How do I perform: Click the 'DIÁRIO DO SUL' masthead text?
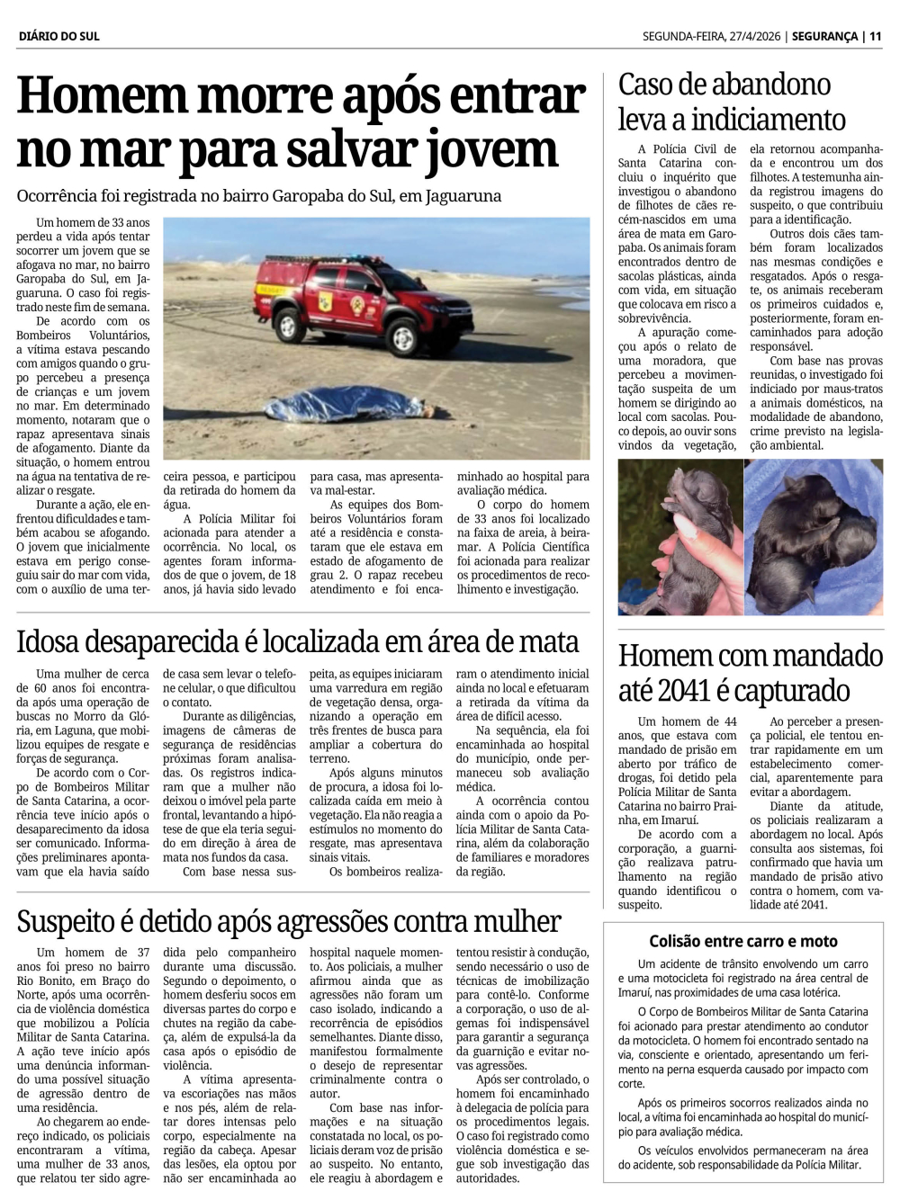tap(58, 36)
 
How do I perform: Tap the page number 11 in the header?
tap(875, 36)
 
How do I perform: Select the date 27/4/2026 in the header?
tap(745, 36)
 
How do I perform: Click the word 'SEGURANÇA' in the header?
tap(824, 36)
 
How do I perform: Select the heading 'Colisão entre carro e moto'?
tap(743, 941)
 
